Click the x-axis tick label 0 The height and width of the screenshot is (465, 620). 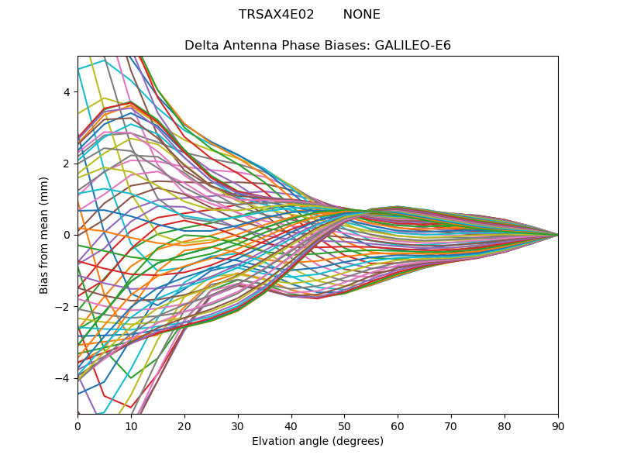77,425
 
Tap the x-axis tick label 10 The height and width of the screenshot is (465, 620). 131,425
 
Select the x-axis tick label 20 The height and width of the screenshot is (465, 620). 184,425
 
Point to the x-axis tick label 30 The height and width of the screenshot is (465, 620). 238,425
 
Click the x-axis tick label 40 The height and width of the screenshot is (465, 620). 291,425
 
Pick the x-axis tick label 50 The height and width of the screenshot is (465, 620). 344,425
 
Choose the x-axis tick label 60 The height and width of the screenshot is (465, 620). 398,425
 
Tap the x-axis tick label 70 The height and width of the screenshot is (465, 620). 451,425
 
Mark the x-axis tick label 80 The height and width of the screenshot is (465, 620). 505,425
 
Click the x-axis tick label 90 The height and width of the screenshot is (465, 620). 558,425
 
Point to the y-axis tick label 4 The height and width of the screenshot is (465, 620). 67,92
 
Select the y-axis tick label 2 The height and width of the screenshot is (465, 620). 67,164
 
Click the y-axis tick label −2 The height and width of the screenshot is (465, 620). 64,307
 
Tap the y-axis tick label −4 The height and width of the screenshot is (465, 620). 64,378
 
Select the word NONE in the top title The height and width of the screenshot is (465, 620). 361,15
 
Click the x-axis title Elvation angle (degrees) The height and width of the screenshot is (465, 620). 318,441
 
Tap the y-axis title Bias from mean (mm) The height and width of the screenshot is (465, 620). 45,234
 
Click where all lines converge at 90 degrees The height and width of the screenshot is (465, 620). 558,235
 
